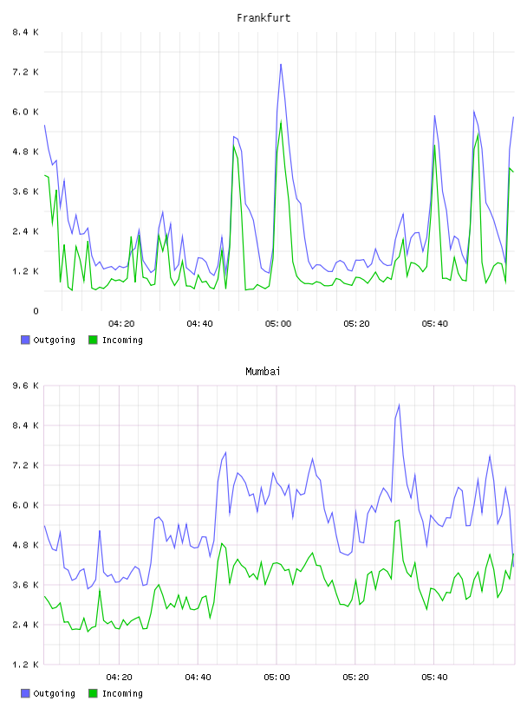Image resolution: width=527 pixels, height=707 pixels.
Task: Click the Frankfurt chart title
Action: [x=263, y=17]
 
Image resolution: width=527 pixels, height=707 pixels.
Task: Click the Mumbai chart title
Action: [x=263, y=371]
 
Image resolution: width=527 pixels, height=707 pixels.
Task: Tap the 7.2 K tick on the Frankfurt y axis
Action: [x=25, y=72]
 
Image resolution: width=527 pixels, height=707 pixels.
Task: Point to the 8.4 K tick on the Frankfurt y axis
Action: [x=25, y=32]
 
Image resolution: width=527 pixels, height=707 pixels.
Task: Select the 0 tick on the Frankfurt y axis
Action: [x=36, y=311]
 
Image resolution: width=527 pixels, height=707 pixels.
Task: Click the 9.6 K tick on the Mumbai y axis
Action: [x=25, y=386]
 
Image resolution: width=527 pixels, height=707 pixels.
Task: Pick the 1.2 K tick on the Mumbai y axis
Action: [x=25, y=665]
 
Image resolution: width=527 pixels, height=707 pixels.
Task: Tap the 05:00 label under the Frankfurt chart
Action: [x=278, y=323]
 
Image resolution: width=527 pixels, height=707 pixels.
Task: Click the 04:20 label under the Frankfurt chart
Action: [x=121, y=323]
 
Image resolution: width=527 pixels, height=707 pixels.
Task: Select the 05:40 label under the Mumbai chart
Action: [x=434, y=677]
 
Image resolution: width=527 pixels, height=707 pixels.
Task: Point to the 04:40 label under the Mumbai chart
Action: [x=198, y=677]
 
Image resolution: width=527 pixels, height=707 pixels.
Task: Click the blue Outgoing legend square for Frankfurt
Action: [x=25, y=340]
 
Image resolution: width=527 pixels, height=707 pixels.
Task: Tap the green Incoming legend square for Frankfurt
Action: [x=93, y=340]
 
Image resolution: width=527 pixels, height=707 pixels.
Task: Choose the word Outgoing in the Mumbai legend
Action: [x=54, y=693]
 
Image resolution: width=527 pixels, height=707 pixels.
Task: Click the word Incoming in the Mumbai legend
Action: [x=122, y=693]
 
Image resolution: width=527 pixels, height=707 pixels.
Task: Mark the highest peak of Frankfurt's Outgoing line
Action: [x=281, y=64]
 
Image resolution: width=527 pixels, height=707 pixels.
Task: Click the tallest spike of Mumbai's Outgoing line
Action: [x=399, y=405]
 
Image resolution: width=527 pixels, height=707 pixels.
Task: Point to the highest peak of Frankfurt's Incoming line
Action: [x=281, y=120]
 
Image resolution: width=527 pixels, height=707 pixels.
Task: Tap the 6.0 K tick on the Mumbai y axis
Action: [x=25, y=505]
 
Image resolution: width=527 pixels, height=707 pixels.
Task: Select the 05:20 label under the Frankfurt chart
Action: [x=356, y=323]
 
